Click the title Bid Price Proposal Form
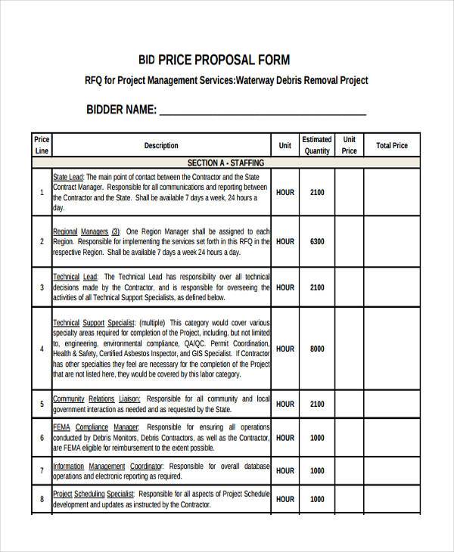point(213,59)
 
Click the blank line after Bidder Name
point(263,110)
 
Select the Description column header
point(161,145)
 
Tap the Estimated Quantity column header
point(317,145)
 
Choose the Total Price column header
point(392,145)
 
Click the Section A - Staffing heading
point(225,163)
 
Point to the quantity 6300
point(317,241)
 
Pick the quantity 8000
point(317,349)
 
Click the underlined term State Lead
point(68,177)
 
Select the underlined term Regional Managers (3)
point(86,231)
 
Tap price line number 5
point(42,404)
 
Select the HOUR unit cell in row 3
point(285,287)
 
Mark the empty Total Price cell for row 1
point(392,192)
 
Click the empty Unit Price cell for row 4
point(349,349)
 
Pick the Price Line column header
point(42,145)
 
